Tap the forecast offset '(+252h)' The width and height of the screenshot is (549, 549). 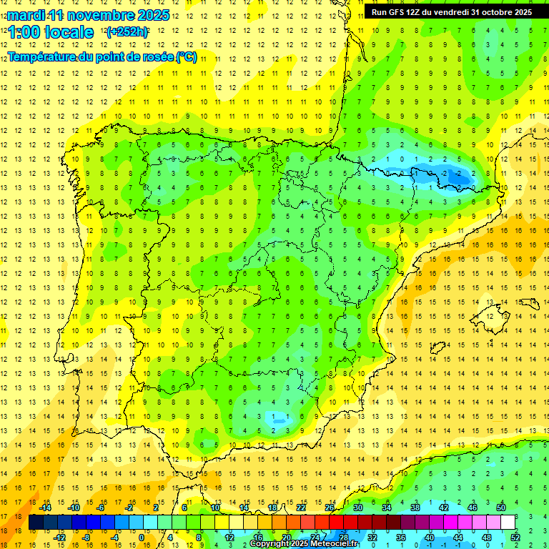127,32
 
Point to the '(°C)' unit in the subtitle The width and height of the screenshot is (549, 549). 187,56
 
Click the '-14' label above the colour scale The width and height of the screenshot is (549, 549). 45,508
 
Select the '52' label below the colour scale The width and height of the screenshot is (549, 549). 515,537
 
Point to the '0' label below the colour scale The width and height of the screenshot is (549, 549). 142,537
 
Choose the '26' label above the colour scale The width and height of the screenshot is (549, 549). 330,508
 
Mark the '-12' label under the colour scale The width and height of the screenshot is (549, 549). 59,537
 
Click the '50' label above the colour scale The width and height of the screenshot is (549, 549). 501,508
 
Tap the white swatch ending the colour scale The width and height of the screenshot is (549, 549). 508,523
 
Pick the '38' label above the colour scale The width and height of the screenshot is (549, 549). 415,508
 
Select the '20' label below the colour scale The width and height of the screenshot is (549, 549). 287,537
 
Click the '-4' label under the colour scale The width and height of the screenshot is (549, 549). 114,537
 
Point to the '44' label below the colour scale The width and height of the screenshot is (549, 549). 458,537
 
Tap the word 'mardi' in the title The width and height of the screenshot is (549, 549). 26,15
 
